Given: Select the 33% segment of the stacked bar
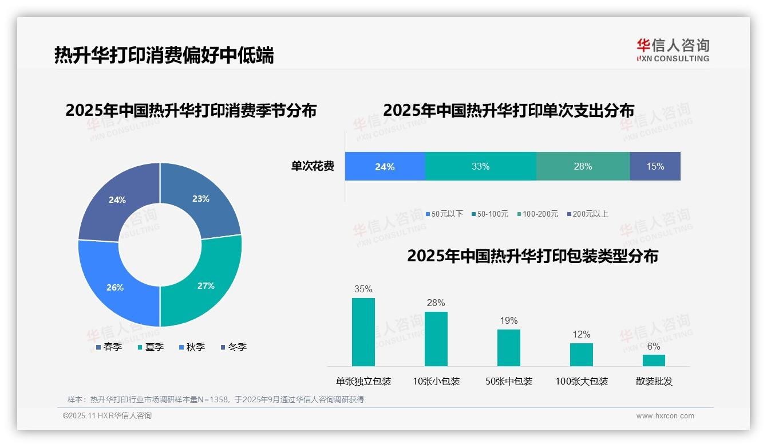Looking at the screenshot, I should click(480, 166).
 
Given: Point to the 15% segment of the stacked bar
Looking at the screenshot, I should click(655, 166).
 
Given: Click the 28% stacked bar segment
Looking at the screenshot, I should click(583, 166).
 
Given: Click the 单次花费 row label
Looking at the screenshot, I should click(312, 166).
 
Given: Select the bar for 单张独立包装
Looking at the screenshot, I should click(363, 332).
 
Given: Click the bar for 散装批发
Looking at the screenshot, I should click(654, 360).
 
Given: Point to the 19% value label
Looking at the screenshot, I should click(508, 320).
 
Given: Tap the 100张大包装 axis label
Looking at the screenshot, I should click(582, 381).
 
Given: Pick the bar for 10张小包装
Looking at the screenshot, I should click(436, 339).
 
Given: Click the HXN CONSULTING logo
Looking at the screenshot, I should click(673, 50).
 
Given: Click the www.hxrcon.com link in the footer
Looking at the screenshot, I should click(665, 416).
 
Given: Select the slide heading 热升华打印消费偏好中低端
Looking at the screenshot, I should click(164, 55).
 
